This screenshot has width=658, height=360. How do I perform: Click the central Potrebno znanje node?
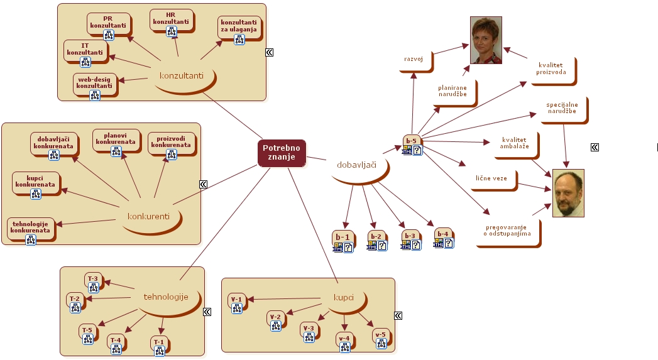pos(282,153)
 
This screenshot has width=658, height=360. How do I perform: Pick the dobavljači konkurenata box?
pos(53,143)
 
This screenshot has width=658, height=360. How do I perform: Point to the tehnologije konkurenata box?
pos(30,227)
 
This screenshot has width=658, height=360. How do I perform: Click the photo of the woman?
pos(486,40)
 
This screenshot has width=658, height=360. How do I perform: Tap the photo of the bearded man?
pos(568,193)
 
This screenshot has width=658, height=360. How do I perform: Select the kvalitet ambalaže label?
pos(514,143)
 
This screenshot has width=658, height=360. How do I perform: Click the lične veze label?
pos(491,178)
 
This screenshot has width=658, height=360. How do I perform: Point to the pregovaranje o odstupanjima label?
pos(507,231)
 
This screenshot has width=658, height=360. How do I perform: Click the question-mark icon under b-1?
pos(348,248)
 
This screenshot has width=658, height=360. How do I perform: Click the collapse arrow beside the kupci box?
pos(398,315)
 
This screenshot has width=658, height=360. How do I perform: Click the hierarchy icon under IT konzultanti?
pos(85,62)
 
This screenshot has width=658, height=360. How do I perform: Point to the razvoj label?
pos(414,59)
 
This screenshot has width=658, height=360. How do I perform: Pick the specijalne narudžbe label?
pos(562,108)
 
